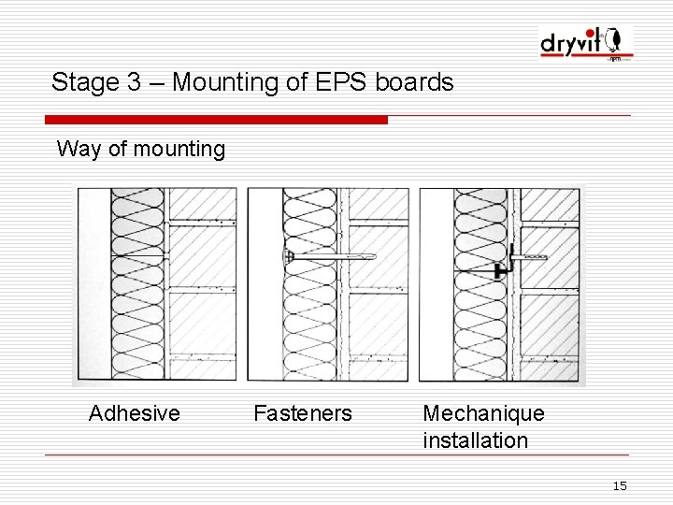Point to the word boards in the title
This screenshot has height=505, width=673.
click(x=414, y=82)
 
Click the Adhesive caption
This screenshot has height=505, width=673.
click(x=134, y=413)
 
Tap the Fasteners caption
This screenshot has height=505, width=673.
click(x=303, y=413)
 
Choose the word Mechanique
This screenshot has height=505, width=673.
click(x=483, y=413)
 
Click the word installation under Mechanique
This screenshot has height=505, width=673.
click(x=475, y=440)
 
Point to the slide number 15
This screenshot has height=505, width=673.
click(x=619, y=485)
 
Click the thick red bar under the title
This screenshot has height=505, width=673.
click(x=216, y=120)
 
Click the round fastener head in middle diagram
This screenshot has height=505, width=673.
click(x=290, y=255)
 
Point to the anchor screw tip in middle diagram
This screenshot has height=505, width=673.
click(x=371, y=256)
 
